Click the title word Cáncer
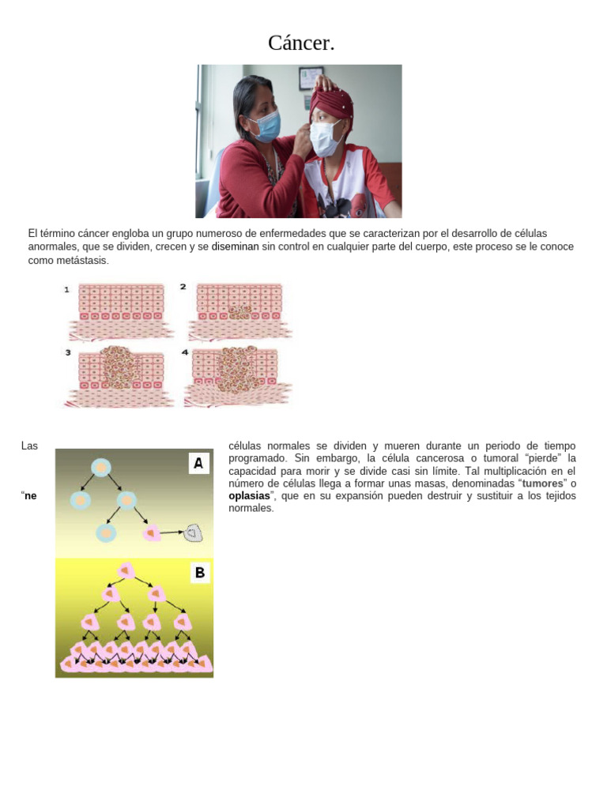click(x=301, y=43)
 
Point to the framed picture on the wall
click(x=311, y=77)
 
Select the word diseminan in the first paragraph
click(x=235, y=247)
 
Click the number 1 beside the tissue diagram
click(x=67, y=290)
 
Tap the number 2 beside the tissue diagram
click(x=183, y=287)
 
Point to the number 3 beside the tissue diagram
click(x=67, y=353)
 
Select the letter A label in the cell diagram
click(x=198, y=464)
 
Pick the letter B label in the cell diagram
click(x=199, y=573)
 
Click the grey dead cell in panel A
click(x=193, y=534)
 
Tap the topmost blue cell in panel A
click(x=101, y=468)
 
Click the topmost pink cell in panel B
click(x=125, y=570)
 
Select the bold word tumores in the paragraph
click(x=543, y=483)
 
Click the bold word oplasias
click(x=248, y=495)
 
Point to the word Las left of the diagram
click(x=30, y=446)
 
